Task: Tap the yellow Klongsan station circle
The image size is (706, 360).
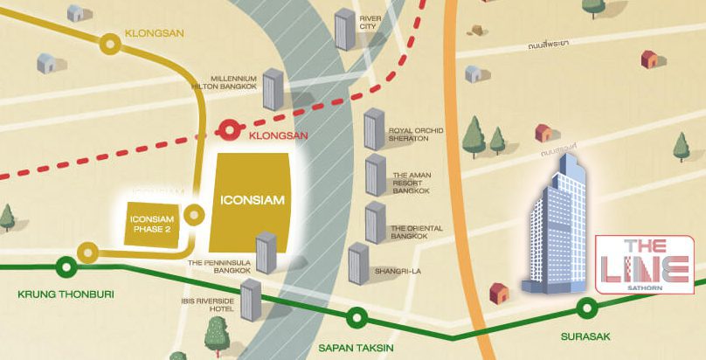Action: point(109,41)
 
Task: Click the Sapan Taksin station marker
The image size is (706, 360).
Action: point(356,318)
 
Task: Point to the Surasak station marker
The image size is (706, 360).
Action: point(588,307)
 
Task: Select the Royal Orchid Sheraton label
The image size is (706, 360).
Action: point(415,136)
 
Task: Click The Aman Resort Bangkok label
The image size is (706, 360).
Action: point(412,182)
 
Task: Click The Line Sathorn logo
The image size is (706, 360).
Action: point(643,264)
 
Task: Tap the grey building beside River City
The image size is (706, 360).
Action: point(345,31)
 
